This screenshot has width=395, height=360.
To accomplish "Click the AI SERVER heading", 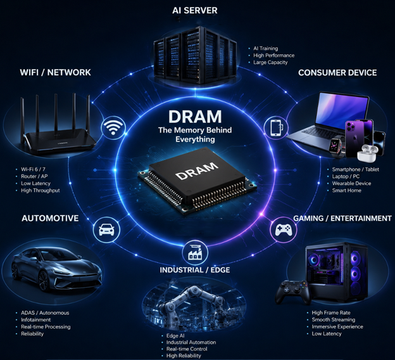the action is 195,10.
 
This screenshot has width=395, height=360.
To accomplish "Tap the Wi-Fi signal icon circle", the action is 113,127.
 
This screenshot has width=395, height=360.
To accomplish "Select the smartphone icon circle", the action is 276,127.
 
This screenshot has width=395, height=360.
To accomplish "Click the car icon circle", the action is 106,230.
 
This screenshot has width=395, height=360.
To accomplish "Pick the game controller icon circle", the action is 284,230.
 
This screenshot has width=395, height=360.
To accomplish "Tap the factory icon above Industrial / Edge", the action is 195,252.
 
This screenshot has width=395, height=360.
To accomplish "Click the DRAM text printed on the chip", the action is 197,170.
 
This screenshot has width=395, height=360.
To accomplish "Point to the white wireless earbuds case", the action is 367,153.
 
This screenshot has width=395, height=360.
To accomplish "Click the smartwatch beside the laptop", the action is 336,146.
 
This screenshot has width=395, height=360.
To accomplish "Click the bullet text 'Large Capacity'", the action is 270,62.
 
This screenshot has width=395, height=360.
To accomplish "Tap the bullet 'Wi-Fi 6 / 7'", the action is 33,169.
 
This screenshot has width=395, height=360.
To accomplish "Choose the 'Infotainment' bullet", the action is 36,319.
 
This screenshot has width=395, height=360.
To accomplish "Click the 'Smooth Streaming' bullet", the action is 333,319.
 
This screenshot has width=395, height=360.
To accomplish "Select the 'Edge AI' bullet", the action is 175,336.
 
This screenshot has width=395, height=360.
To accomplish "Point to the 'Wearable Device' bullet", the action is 351,183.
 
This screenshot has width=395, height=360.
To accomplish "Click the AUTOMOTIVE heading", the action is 50,218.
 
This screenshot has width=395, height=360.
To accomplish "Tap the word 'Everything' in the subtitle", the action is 195,139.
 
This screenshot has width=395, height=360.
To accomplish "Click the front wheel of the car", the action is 44,281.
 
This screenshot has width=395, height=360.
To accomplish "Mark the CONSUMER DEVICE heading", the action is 337,73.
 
